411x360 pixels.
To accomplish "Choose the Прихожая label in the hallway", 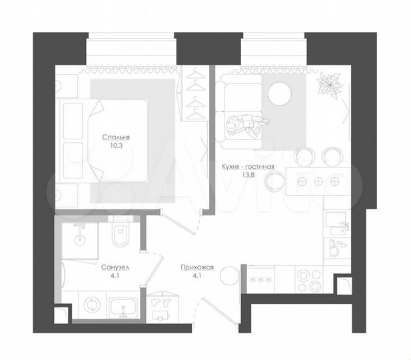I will click(x=197, y=267).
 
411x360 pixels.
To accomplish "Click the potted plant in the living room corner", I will click(x=327, y=85).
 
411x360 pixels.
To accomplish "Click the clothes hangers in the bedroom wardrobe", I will click(x=195, y=93).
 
